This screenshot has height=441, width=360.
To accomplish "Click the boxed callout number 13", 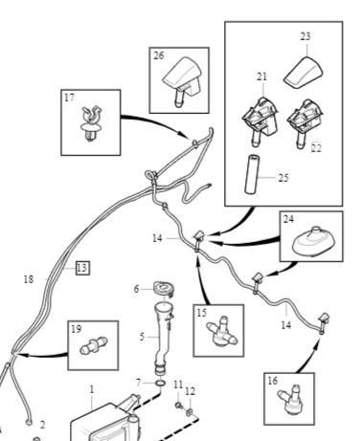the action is point(82,268).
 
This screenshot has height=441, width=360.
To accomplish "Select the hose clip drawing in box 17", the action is point(91,123).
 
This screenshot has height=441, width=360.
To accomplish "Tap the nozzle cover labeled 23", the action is point(304,72).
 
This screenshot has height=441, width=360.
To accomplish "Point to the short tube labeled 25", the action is point(251,174).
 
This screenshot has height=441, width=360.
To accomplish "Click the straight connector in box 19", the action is point(93,345).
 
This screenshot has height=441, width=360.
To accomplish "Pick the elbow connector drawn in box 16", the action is point(291,401).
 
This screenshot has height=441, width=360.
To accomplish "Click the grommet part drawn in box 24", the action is point(313,242).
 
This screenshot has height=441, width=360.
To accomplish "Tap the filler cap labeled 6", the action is point(164,289).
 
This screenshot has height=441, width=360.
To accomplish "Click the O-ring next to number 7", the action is point(161,383).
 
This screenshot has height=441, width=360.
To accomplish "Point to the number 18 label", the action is point(29,279).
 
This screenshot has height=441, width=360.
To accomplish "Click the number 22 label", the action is point(316,148).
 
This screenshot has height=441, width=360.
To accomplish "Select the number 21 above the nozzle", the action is point(262,77).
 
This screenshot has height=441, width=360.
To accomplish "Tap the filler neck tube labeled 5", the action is point(162,338).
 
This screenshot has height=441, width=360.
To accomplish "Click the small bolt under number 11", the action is point(178,406).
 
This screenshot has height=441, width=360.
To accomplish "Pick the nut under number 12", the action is point(190,412).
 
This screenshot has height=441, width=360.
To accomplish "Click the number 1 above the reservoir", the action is point(92,389).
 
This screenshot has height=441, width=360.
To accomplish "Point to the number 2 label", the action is point(42,425).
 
